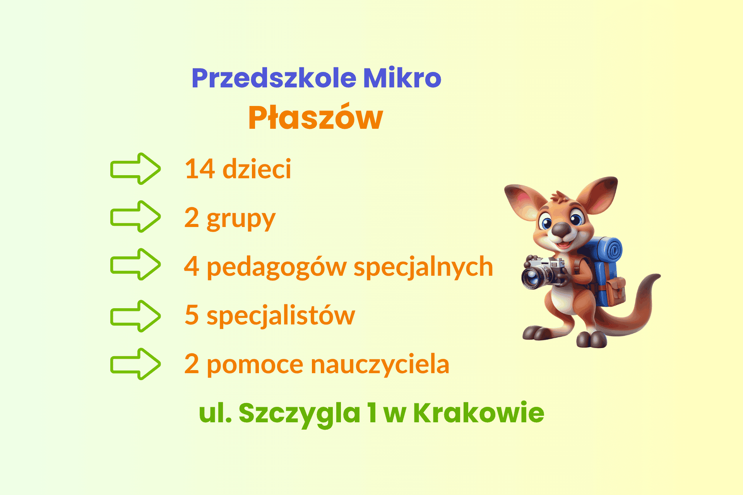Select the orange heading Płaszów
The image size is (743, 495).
point(315,117)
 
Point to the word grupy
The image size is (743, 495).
point(241,219)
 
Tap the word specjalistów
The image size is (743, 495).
point(281,316)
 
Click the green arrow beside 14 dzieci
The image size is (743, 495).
point(135,169)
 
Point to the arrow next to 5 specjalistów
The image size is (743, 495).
point(135,316)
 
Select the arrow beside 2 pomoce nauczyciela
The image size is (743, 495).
point(135,364)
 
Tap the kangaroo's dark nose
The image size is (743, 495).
point(561,230)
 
